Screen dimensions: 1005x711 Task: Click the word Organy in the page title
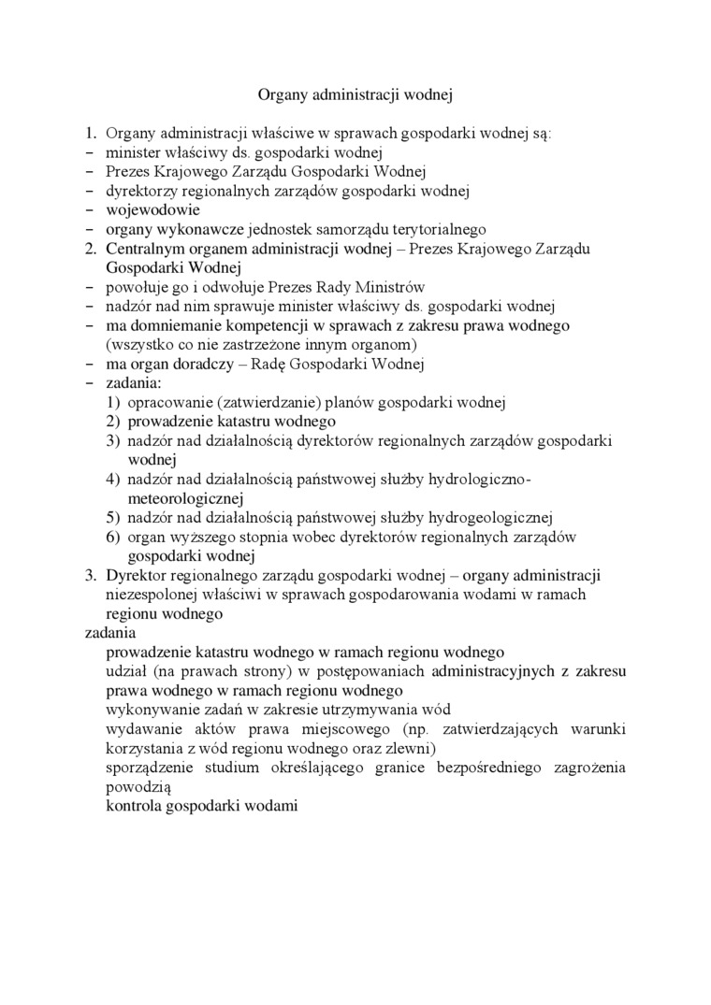(280, 94)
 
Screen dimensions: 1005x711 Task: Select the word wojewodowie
(153, 209)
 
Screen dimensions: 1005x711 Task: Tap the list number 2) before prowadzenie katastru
(112, 422)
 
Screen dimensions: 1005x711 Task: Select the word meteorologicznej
(184, 498)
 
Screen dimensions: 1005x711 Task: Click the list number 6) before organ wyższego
(112, 537)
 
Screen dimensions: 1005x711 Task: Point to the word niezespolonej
(150, 594)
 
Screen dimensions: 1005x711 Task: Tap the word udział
(126, 670)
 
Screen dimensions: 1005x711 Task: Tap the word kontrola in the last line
(133, 805)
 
